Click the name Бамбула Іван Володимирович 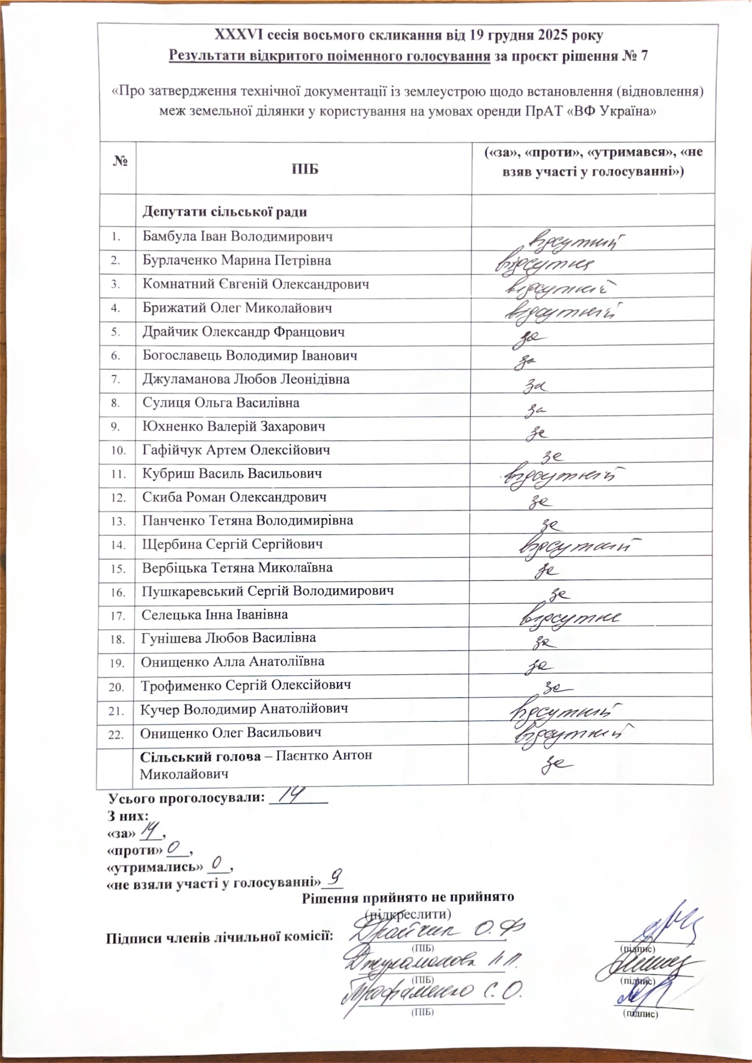coord(237,237)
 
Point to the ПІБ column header coord(305,169)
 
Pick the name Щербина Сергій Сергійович coord(232,544)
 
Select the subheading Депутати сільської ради coord(225,212)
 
